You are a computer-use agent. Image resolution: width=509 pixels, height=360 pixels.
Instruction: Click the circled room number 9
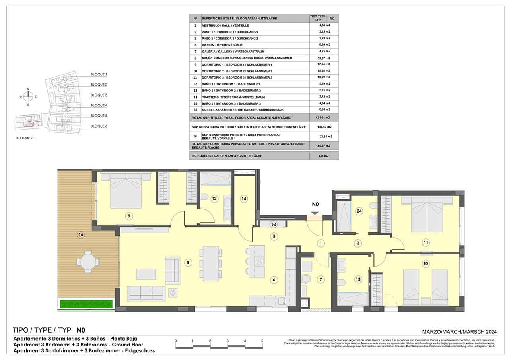point(128,216)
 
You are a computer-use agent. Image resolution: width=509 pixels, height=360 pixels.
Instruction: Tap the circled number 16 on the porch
point(81,235)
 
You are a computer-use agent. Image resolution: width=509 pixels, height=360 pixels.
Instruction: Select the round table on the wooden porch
point(88,262)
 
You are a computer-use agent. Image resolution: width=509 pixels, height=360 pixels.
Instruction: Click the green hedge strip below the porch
point(86,304)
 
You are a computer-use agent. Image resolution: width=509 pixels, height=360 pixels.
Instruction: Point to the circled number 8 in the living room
point(188,262)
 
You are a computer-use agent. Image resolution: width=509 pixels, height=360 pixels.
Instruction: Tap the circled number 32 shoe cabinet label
point(273,224)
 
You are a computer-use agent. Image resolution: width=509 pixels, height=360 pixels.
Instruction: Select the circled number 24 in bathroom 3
point(359,211)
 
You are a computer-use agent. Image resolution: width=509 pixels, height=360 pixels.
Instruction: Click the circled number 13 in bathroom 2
point(358,279)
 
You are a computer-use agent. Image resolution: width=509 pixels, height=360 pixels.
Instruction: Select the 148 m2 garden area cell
point(323,156)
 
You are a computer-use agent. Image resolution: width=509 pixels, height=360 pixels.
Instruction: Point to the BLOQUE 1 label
point(99,74)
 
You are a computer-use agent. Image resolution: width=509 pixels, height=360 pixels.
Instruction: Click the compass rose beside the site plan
point(28,97)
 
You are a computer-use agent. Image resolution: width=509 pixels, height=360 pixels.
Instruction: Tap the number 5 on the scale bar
point(262,341)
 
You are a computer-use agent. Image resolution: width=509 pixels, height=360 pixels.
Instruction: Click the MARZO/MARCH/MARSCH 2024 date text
point(459,331)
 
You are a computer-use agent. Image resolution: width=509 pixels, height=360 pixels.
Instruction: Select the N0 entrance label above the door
point(315,205)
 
